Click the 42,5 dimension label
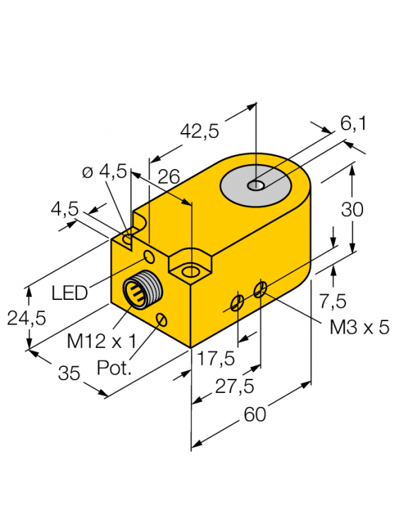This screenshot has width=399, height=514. (x=199, y=131)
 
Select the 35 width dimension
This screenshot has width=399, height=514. (x=69, y=373)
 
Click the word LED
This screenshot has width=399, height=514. (x=70, y=292)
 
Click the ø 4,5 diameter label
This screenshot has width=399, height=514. (x=104, y=171)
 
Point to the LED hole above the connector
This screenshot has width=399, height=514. (x=149, y=255)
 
